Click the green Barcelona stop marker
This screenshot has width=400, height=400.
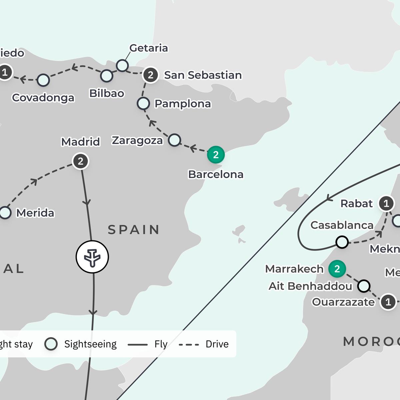pos(216,155)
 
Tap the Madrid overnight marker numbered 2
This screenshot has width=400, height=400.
pos(80,161)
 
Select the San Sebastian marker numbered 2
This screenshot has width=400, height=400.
pos(151,75)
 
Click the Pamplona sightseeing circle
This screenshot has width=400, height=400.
pos(143,104)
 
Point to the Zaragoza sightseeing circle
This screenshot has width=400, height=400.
pos(174,140)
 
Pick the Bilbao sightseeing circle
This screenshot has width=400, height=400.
pos(107,76)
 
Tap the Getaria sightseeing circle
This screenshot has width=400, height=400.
pos(122,65)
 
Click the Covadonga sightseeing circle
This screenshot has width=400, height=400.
pos(43,80)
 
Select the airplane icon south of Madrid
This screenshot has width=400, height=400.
pos(92,257)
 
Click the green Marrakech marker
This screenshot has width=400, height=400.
pos(337,269)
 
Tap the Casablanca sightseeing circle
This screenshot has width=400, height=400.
pos(342,242)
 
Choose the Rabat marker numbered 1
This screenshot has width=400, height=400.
pos(386,203)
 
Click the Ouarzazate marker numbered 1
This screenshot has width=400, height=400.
pos(388,302)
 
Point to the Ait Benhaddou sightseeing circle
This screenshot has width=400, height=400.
pos(364,286)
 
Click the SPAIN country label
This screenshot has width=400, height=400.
pos(134,230)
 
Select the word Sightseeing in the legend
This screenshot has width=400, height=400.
pos(90,344)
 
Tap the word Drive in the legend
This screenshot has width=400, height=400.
pos(217,344)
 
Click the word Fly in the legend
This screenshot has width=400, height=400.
pos(161,344)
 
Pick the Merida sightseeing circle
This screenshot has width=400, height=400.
pos(5,213)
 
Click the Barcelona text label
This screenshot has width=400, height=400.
pos(216,174)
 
